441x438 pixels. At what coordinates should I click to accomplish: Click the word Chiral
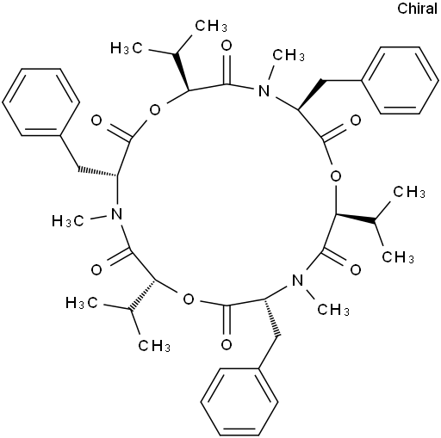[417, 9]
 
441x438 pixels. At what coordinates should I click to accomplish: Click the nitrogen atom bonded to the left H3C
[116, 214]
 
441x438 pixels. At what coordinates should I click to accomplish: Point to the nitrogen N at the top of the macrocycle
[264, 91]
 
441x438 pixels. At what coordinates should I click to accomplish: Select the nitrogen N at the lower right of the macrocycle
[297, 281]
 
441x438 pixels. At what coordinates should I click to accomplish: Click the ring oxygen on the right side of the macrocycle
[335, 176]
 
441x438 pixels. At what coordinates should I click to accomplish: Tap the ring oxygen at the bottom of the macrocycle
[189, 299]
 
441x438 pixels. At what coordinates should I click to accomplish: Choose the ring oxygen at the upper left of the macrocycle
[155, 109]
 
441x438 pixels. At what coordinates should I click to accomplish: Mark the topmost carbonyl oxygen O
[227, 46]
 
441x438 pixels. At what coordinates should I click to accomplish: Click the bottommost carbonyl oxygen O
[227, 344]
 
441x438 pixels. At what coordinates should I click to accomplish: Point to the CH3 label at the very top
[211, 26]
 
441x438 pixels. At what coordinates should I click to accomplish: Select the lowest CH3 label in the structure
[154, 346]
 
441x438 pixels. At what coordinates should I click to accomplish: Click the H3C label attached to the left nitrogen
[68, 221]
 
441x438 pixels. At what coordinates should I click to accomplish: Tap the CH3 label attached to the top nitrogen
[289, 55]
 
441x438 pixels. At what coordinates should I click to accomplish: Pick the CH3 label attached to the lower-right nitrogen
[333, 310]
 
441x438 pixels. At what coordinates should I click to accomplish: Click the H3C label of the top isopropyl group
[127, 48]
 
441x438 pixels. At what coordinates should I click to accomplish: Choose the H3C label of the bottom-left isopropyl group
[82, 303]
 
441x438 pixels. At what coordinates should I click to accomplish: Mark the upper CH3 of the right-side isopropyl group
[409, 192]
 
